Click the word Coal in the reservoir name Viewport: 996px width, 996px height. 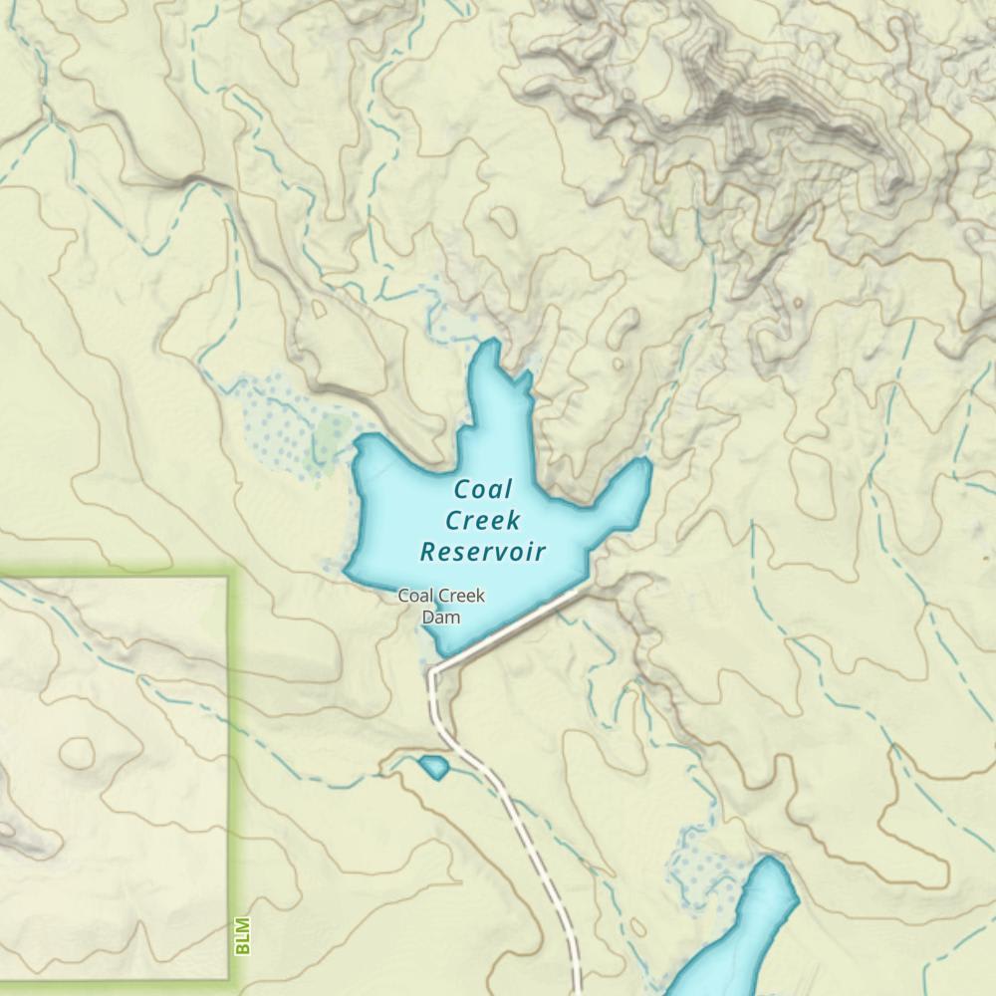pyautogui.click(x=483, y=489)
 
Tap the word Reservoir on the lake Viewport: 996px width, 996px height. pyautogui.click(x=484, y=551)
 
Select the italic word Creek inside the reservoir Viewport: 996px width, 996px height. pyautogui.click(x=483, y=520)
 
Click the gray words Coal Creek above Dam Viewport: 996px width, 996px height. pyautogui.click(x=441, y=597)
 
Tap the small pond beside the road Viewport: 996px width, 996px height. pyautogui.click(x=433, y=767)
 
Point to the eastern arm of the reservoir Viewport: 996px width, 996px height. pyautogui.click(x=622, y=493)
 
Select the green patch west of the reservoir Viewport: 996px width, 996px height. pyautogui.click(x=329, y=438)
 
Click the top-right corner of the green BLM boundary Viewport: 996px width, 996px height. pyautogui.click(x=227, y=578)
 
